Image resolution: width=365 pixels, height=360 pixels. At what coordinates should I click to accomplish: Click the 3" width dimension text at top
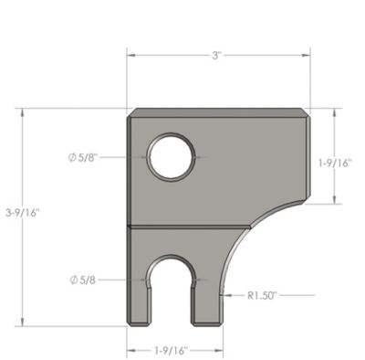click(217, 56)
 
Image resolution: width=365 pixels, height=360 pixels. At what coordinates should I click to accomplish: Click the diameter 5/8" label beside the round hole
click(85, 157)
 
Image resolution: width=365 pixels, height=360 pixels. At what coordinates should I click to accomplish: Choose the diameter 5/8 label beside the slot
click(83, 279)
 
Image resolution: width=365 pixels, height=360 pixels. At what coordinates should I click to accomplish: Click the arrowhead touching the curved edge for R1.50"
click(225, 295)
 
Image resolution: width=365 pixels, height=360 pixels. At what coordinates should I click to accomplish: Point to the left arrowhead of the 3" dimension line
click(130, 56)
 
